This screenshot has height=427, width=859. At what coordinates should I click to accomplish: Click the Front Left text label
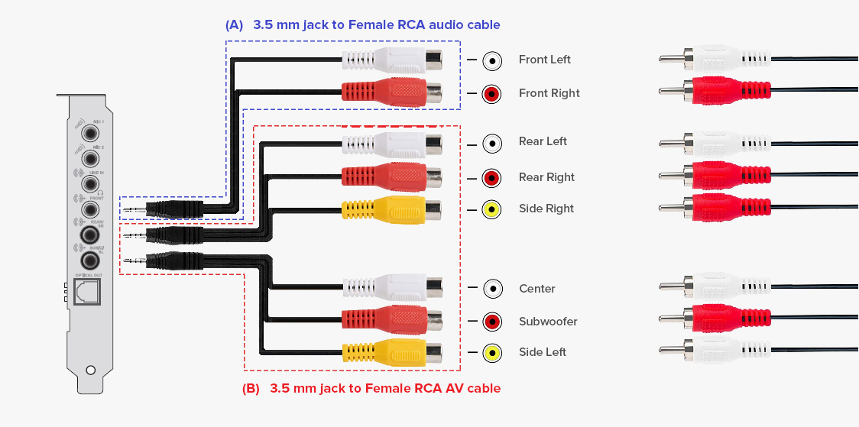544,60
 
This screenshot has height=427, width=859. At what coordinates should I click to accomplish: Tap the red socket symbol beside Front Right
492,94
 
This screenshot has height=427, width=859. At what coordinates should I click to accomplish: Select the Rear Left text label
543,141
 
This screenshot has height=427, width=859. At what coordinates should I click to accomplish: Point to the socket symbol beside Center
492,289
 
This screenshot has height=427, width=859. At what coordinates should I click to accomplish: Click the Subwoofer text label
548,322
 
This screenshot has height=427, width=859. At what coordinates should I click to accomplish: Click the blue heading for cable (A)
363,25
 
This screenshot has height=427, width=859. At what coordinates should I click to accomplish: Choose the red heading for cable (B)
371,388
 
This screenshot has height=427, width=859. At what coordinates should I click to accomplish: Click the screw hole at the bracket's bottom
91,370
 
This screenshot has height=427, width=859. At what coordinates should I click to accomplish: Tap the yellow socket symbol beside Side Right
492,209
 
